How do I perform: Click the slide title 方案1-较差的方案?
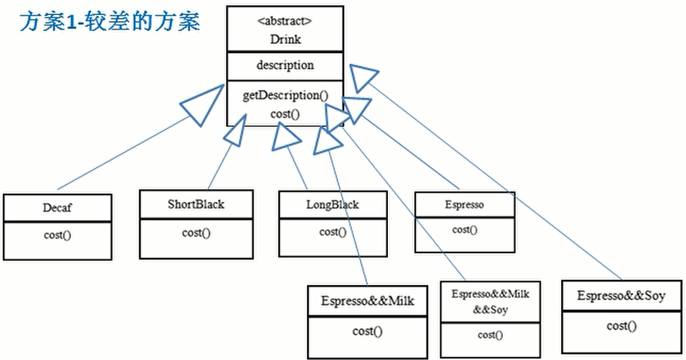(x=110, y=22)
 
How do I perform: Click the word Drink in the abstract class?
(x=285, y=39)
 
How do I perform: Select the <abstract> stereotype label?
(x=285, y=21)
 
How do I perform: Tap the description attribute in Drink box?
(x=285, y=65)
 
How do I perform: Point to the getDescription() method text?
(x=285, y=95)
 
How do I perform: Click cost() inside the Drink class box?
(x=285, y=114)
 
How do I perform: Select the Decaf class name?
(x=57, y=207)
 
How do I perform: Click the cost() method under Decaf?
(x=57, y=235)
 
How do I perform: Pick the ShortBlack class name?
(x=196, y=204)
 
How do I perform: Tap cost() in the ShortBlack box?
(x=196, y=233)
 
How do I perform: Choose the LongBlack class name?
(x=333, y=205)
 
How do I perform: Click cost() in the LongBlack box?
(x=333, y=232)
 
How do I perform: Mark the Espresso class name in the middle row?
(x=464, y=205)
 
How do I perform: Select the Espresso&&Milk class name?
(x=368, y=301)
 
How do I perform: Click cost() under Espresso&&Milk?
(x=368, y=331)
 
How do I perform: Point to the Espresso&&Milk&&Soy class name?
(x=490, y=302)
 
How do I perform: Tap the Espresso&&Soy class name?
(x=621, y=296)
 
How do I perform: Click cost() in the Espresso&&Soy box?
(x=621, y=326)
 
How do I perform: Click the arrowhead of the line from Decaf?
(x=202, y=106)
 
